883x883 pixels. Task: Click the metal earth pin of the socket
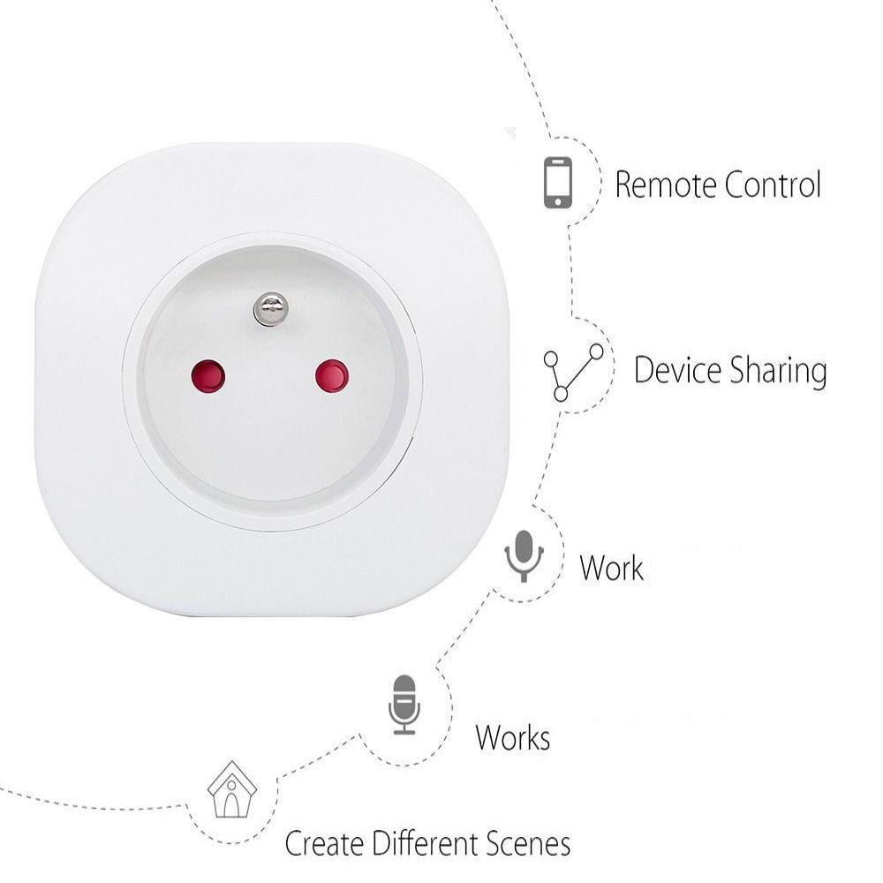tap(270, 308)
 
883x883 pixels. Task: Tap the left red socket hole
tap(208, 376)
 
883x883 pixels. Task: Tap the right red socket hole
tap(332, 376)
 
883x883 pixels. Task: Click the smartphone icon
tap(557, 183)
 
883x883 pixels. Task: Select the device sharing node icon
tap(574, 372)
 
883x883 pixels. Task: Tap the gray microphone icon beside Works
tap(404, 704)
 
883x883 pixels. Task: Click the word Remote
tap(666, 185)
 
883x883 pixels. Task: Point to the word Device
tap(676, 370)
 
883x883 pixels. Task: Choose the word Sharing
tap(778, 372)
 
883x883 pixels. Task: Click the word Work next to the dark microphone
tap(611, 568)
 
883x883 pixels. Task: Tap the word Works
tap(513, 737)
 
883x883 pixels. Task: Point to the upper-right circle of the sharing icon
tap(597, 351)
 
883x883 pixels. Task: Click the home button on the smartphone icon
tap(557, 202)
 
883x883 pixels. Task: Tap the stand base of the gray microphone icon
tap(404, 731)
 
